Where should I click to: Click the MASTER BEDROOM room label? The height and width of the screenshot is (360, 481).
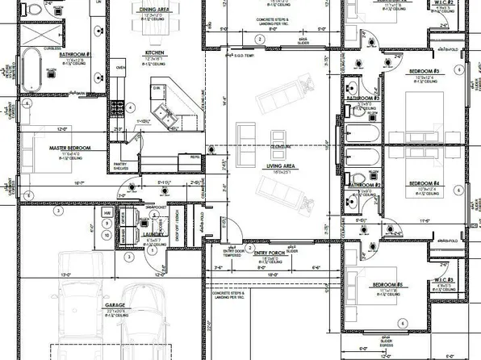[69, 149]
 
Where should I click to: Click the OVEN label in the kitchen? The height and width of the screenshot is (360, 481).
[121, 68]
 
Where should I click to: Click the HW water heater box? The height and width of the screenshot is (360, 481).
[107, 213]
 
